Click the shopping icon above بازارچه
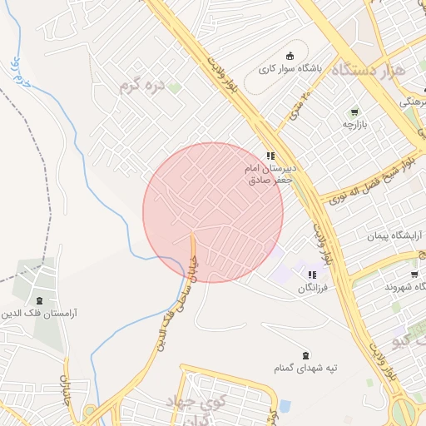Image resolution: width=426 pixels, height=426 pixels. (355, 111)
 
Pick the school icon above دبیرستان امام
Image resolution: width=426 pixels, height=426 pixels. (270, 156)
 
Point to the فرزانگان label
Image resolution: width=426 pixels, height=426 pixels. (312, 287)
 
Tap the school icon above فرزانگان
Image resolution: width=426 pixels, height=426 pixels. (312, 275)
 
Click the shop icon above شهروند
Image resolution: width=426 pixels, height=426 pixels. (414, 274)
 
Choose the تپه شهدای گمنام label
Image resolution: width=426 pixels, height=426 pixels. (306, 367)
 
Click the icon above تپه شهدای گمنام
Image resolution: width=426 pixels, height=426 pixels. (306, 354)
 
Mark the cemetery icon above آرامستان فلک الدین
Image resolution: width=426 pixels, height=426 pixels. (39, 300)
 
